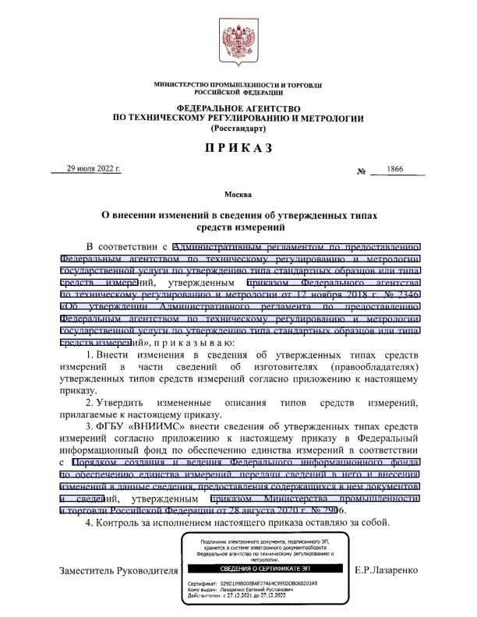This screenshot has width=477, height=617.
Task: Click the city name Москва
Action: (x=238, y=193)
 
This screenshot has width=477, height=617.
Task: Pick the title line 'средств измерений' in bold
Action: (x=238, y=227)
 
